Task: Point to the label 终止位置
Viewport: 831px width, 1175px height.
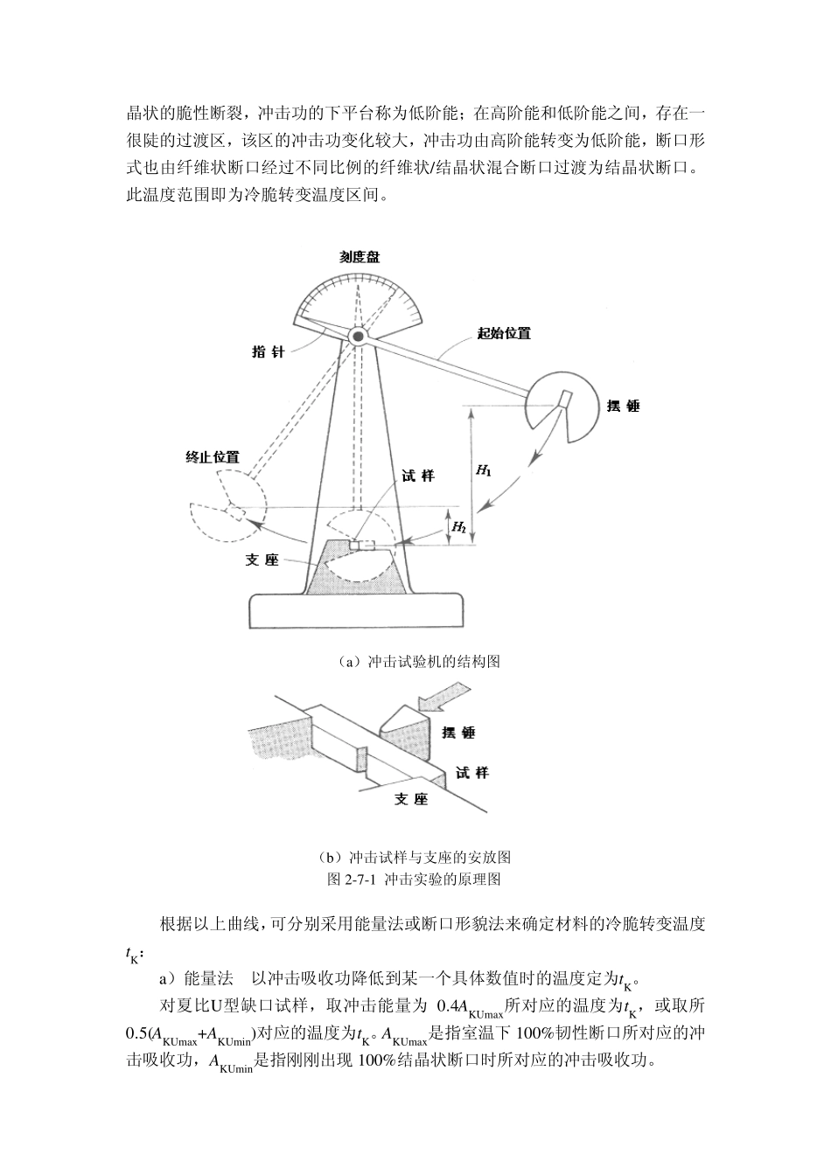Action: click(213, 458)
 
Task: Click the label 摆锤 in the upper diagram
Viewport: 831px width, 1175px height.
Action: click(623, 406)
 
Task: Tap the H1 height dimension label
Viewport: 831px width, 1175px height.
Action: click(483, 470)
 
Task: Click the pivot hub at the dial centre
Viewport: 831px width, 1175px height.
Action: click(357, 336)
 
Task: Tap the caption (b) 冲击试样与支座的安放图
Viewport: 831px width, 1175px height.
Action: click(416, 856)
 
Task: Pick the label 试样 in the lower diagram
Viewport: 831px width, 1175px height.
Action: click(472, 772)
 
